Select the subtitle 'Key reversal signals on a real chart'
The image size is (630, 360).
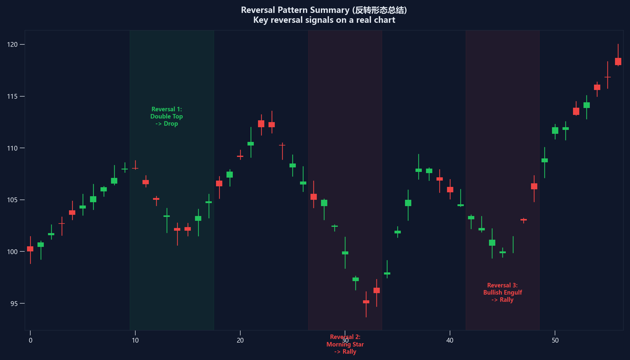pyautogui.click(x=324, y=20)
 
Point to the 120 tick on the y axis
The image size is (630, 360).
pyautogui.click(x=12, y=45)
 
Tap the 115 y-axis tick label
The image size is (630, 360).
pyautogui.click(x=12, y=97)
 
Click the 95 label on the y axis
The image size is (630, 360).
pyautogui.click(x=14, y=304)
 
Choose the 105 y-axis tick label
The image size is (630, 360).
pyautogui.click(x=12, y=200)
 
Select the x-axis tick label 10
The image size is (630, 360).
pyautogui.click(x=135, y=340)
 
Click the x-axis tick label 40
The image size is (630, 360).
pyautogui.click(x=450, y=340)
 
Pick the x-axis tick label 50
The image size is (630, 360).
pyautogui.click(x=555, y=340)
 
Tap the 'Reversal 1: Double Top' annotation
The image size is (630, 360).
pyautogui.click(x=166, y=116)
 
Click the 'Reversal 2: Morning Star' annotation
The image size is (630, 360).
pyautogui.click(x=345, y=344)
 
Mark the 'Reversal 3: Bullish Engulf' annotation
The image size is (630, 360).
pyautogui.click(x=502, y=292)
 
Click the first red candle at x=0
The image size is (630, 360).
pyautogui.click(x=30, y=249)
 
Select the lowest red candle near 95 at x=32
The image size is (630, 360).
pyautogui.click(x=366, y=302)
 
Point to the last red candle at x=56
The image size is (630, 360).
pyautogui.click(x=618, y=61)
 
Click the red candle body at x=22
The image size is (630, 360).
pyautogui.click(x=261, y=124)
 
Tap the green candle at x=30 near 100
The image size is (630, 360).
pyautogui.click(x=345, y=253)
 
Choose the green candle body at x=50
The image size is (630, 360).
pyautogui.click(x=555, y=130)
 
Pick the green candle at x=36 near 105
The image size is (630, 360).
pyautogui.click(x=408, y=203)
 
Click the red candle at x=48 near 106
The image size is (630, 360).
pyautogui.click(x=534, y=186)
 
